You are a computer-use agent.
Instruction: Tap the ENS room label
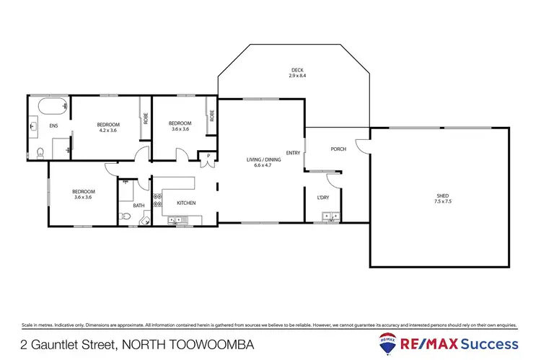pyautogui.click(x=53, y=126)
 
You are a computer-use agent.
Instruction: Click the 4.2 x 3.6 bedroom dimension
pyautogui.click(x=108, y=130)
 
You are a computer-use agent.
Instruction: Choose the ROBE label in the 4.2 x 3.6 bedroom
pyautogui.click(x=145, y=119)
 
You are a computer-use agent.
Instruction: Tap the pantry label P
pyautogui.click(x=208, y=155)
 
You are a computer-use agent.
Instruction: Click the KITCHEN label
pyautogui.click(x=186, y=203)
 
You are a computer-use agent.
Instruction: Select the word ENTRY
pyautogui.click(x=293, y=152)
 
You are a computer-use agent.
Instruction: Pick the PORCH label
pyautogui.click(x=338, y=149)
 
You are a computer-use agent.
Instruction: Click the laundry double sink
pyautogui.click(x=330, y=216)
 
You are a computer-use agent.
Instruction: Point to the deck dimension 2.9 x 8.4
pyautogui.click(x=294, y=75)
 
